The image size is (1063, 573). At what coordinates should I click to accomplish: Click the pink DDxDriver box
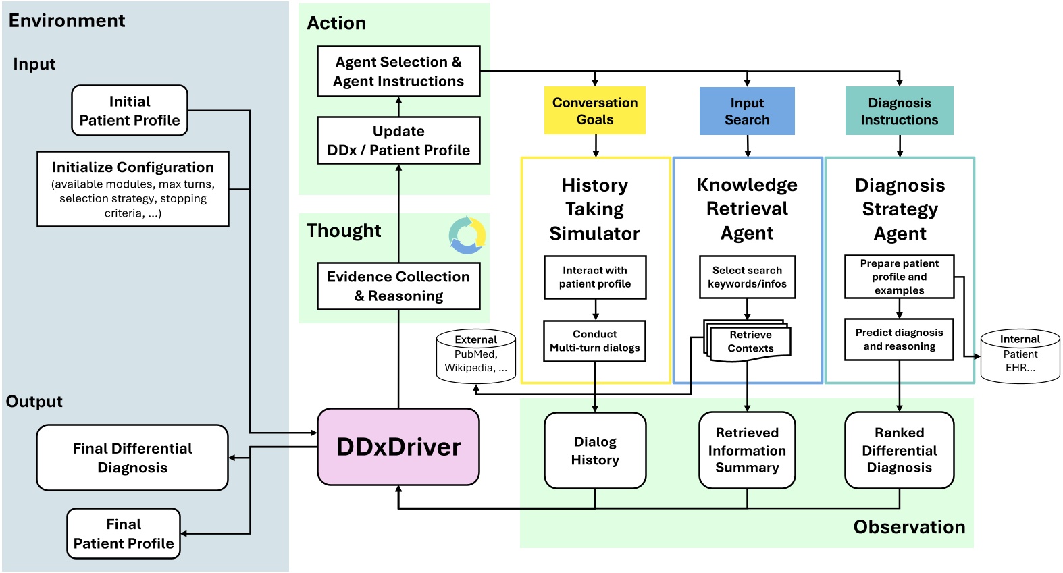click(398, 447)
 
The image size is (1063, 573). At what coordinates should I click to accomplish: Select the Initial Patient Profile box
click(130, 111)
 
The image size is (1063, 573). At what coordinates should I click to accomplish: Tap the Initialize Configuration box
click(133, 189)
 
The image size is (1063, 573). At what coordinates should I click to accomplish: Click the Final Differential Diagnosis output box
click(132, 458)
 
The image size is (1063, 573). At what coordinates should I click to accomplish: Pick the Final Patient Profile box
click(124, 534)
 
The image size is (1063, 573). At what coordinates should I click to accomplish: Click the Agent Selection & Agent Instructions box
click(398, 72)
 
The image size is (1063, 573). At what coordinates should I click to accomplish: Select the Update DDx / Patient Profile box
click(398, 140)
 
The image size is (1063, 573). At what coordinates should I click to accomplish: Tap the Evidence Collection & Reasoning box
click(398, 286)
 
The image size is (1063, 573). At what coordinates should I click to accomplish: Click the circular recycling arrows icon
click(467, 236)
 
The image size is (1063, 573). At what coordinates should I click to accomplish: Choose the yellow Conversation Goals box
click(595, 111)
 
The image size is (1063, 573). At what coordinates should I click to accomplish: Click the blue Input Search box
click(747, 111)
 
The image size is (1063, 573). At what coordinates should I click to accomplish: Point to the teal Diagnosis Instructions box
click(899, 111)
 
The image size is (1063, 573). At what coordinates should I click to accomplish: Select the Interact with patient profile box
click(595, 277)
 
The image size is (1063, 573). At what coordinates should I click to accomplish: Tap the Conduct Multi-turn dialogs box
click(595, 341)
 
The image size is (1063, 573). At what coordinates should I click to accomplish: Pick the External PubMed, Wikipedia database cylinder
click(475, 356)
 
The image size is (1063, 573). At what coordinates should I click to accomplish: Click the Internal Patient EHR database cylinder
click(1020, 356)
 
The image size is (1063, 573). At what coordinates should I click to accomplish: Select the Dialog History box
click(595, 451)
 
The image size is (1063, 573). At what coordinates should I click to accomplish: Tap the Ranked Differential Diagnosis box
click(899, 450)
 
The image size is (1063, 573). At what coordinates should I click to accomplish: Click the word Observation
click(909, 527)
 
